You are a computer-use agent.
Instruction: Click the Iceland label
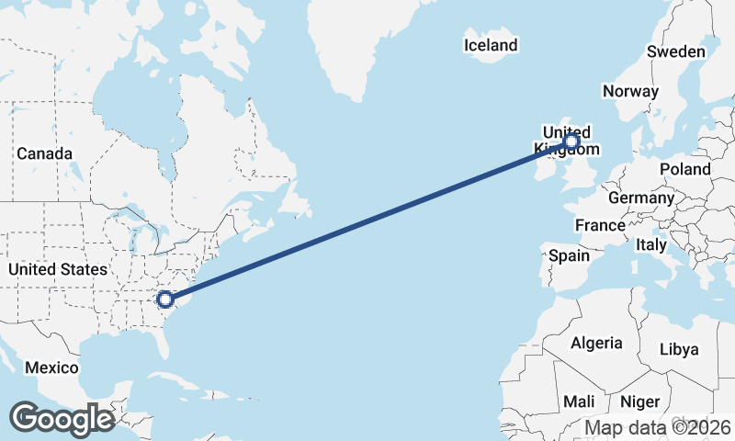point(491,45)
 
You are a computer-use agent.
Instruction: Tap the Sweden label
point(676,51)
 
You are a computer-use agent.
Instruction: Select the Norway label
point(630,91)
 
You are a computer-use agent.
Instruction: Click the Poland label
point(685,169)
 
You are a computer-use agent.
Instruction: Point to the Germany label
point(641,198)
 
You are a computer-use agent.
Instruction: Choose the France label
point(600,225)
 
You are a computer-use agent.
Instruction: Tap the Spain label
point(570,255)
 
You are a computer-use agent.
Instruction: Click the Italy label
point(651,245)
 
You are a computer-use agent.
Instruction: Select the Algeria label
point(597,343)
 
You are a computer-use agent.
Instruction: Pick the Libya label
point(680,349)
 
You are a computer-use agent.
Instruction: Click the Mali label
point(579,401)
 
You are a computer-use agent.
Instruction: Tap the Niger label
point(639,401)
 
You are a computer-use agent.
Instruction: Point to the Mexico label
point(52,367)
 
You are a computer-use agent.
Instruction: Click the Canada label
point(44,153)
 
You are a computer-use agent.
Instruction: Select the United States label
point(57,269)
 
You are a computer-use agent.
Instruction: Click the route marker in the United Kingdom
point(571,141)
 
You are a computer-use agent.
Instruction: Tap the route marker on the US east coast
point(165,299)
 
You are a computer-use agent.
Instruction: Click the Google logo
point(62,419)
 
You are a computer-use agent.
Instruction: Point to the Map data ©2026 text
point(658,427)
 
